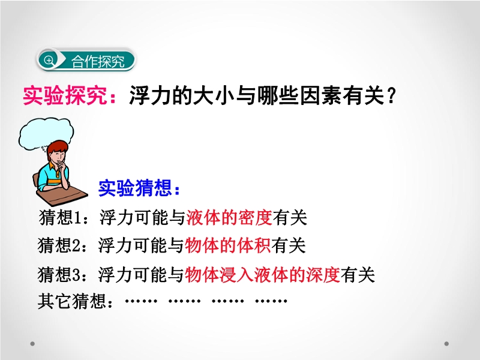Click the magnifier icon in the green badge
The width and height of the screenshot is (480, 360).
click(49, 61)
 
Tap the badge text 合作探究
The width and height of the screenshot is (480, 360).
click(98, 62)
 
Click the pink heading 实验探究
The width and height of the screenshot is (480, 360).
click(65, 96)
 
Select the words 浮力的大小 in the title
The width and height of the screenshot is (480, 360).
click(182, 96)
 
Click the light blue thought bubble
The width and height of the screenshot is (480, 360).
click(46, 134)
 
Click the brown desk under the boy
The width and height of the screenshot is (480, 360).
click(62, 196)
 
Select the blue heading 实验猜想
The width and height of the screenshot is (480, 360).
click(135, 188)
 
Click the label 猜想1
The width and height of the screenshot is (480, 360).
click(61, 218)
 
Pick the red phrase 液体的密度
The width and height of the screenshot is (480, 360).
click(229, 218)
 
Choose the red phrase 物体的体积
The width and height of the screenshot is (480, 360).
click(228, 245)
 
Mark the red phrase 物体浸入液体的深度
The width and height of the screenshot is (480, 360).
click(262, 274)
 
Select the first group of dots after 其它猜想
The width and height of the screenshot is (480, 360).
click(141, 301)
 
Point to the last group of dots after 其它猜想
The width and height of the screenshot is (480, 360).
click(271, 301)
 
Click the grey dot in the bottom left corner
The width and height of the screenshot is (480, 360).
click(32, 344)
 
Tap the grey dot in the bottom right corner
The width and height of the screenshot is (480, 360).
click(446, 344)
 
